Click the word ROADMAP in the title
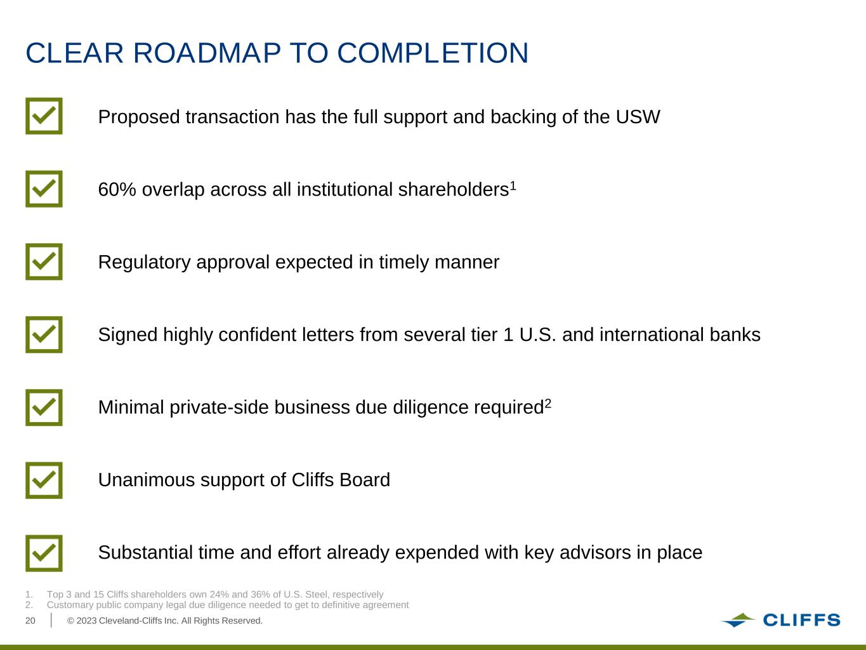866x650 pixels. [x=207, y=53]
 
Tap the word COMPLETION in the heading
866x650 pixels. [x=433, y=53]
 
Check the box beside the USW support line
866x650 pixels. [x=44, y=116]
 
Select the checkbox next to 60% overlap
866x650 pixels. [x=44, y=189]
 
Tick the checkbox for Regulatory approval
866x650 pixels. [x=44, y=262]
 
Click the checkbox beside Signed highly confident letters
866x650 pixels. [x=44, y=335]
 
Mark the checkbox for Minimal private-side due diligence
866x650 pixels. [x=44, y=408]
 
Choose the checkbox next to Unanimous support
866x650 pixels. [x=44, y=481]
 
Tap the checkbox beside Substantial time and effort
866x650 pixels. [x=44, y=553]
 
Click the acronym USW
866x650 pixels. [x=638, y=117]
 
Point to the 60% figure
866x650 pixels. [x=117, y=189]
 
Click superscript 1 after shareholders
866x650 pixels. [x=513, y=185]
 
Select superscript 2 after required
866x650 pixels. [x=548, y=403]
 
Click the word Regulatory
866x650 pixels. [x=145, y=262]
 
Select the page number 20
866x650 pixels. [x=30, y=621]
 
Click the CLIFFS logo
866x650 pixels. [x=780, y=620]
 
